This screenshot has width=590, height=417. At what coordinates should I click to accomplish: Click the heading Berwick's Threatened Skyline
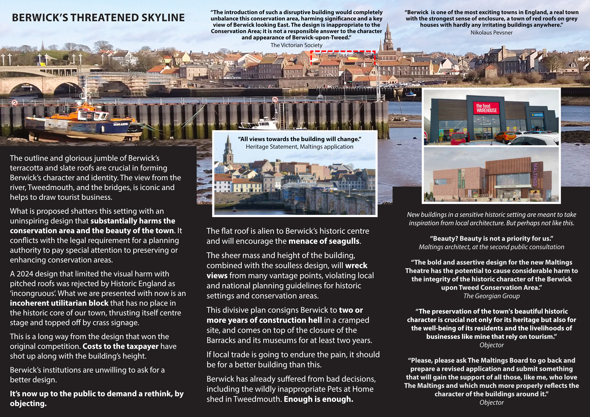click(98, 18)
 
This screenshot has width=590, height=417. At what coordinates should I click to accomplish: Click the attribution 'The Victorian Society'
click(296, 45)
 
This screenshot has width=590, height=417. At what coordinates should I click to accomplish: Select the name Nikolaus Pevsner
click(491, 33)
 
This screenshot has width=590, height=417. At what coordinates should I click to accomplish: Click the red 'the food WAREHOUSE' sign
click(486, 108)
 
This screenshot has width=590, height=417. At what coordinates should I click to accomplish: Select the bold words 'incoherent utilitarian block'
click(59, 303)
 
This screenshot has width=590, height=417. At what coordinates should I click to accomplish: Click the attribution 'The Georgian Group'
click(491, 296)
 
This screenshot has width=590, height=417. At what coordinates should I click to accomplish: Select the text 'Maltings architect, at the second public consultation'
click(491, 247)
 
